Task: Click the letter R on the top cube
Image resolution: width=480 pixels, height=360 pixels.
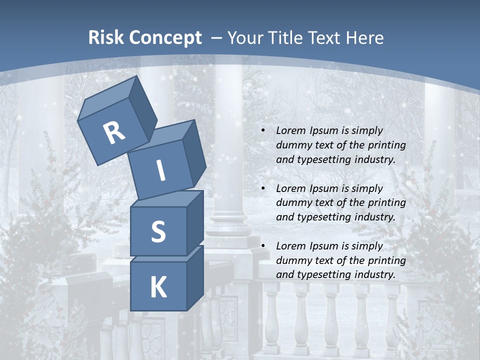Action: (114, 133)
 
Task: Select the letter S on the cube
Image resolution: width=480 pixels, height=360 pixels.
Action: (158, 231)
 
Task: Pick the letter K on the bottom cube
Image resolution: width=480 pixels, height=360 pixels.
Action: (158, 287)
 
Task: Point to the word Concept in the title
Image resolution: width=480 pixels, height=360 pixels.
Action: (165, 37)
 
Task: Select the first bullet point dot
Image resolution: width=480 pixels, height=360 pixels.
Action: (263, 131)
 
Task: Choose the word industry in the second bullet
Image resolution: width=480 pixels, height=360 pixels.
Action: (373, 217)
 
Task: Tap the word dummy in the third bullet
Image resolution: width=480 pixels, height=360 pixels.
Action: (292, 260)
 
